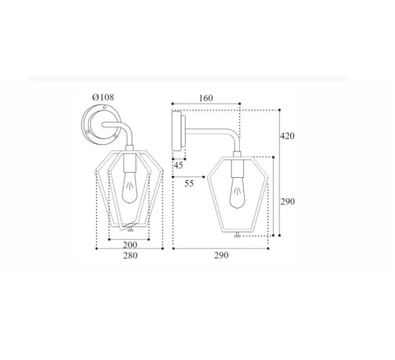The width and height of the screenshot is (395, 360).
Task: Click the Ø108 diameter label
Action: point(103,97)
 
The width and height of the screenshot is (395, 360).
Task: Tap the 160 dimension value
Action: point(206,98)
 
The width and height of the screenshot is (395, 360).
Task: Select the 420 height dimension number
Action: point(287,136)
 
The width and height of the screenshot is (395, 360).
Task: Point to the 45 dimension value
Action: point(178,166)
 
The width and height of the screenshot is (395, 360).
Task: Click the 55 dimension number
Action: point(189,183)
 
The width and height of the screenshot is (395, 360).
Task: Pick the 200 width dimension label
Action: point(130,245)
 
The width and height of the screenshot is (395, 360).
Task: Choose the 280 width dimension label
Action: point(130,256)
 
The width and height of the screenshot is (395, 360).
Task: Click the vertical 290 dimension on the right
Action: point(287,202)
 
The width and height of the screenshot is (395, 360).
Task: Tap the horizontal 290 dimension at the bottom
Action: point(221,255)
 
